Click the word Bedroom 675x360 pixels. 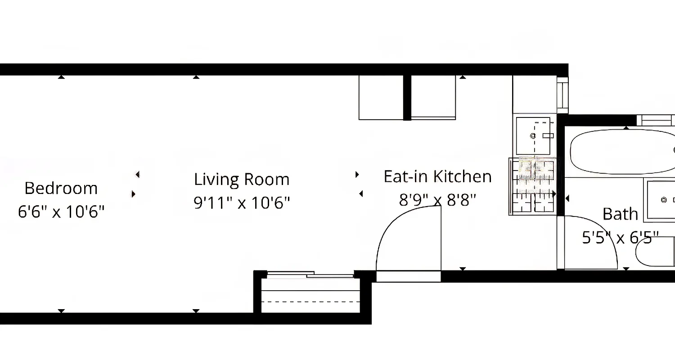[x=61, y=188]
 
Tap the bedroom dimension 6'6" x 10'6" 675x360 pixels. [x=61, y=211]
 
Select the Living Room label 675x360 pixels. [x=242, y=180]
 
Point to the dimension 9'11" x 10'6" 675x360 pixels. [x=242, y=202]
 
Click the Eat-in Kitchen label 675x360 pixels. [x=437, y=176]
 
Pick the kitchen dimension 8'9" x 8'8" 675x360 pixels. [x=437, y=199]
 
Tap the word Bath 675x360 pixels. [x=620, y=214]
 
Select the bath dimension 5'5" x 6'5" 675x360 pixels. [x=620, y=237]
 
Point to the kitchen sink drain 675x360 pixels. [x=533, y=135]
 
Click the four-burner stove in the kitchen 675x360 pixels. [x=532, y=185]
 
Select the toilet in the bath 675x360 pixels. [x=655, y=255]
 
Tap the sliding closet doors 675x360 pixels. [x=310, y=274]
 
